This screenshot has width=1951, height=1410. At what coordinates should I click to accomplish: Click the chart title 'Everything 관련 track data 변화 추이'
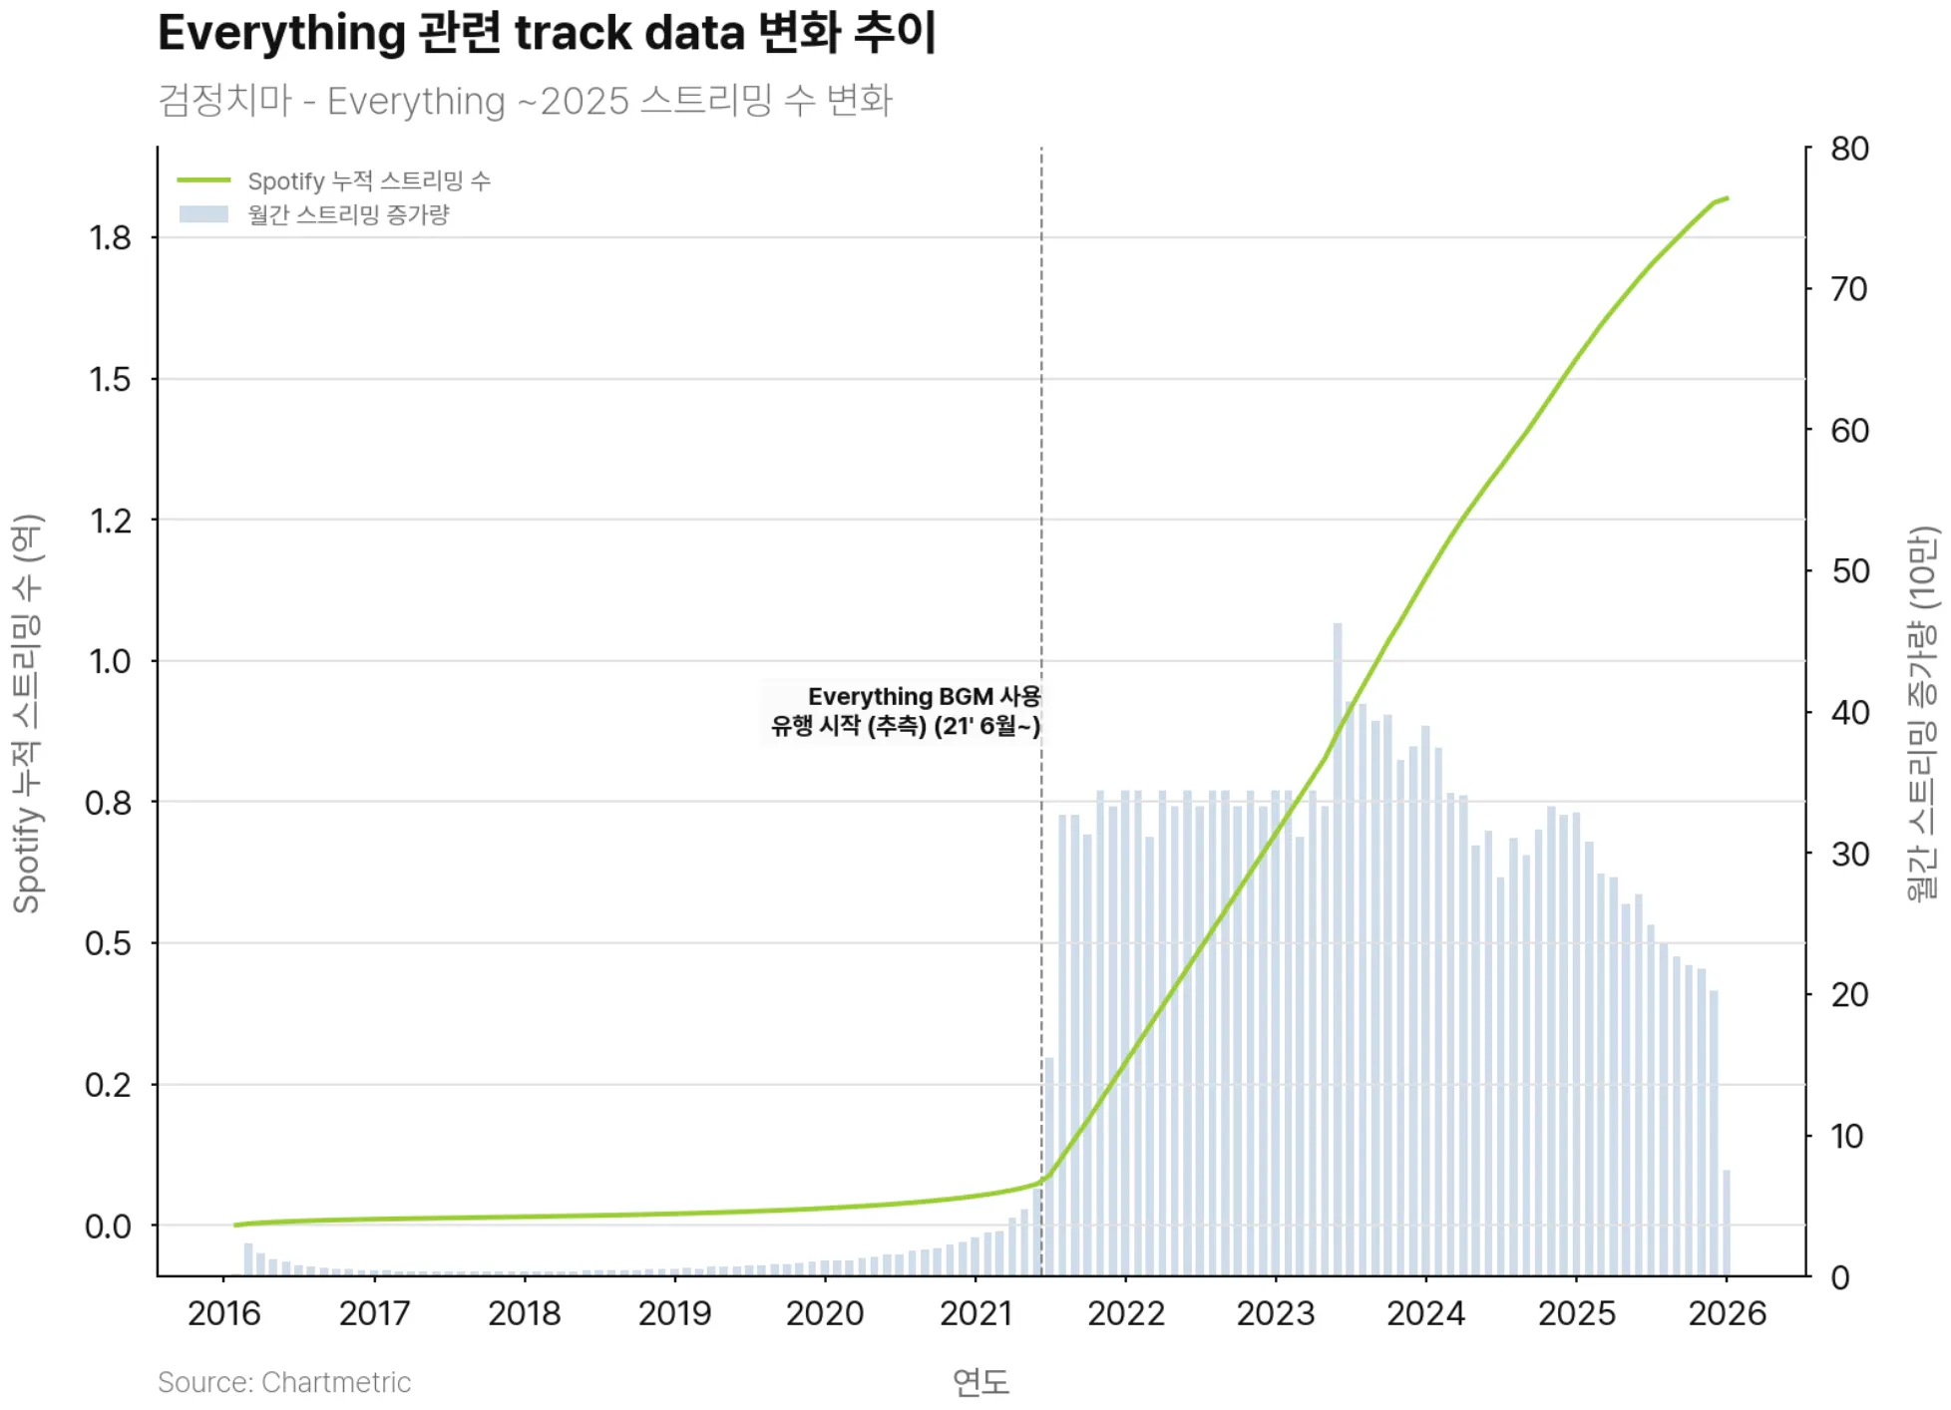[x=547, y=33]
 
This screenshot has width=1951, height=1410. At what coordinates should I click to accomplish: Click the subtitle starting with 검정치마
[x=525, y=101]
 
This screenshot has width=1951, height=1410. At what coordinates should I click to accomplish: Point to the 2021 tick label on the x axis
[x=975, y=1313]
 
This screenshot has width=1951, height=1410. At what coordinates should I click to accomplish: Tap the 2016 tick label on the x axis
[x=223, y=1313]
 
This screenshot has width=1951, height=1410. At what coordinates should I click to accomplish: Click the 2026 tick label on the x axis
[x=1727, y=1313]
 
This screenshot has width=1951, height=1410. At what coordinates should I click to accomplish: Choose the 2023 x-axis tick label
[x=1276, y=1313]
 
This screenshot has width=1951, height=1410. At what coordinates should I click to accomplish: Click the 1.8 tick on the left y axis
[x=110, y=238]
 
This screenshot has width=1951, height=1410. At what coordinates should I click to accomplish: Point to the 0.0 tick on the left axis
[x=108, y=1227]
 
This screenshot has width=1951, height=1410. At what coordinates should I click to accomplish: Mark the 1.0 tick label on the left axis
[x=110, y=662]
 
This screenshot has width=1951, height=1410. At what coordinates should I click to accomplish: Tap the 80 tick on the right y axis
[x=1849, y=150]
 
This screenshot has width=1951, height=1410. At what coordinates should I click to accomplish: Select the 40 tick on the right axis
[x=1849, y=713]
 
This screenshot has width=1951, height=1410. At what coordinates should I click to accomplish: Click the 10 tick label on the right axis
[x=1847, y=1137]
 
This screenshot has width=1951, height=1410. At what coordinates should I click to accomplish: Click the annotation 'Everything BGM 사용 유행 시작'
[x=905, y=711]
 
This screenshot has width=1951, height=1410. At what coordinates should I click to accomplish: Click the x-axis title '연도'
[x=980, y=1382]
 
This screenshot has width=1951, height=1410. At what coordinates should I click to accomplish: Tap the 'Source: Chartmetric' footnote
[x=284, y=1382]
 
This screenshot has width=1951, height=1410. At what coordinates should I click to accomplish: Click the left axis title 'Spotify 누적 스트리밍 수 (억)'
[x=27, y=713]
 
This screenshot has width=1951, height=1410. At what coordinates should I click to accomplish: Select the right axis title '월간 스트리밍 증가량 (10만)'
[x=1921, y=713]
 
